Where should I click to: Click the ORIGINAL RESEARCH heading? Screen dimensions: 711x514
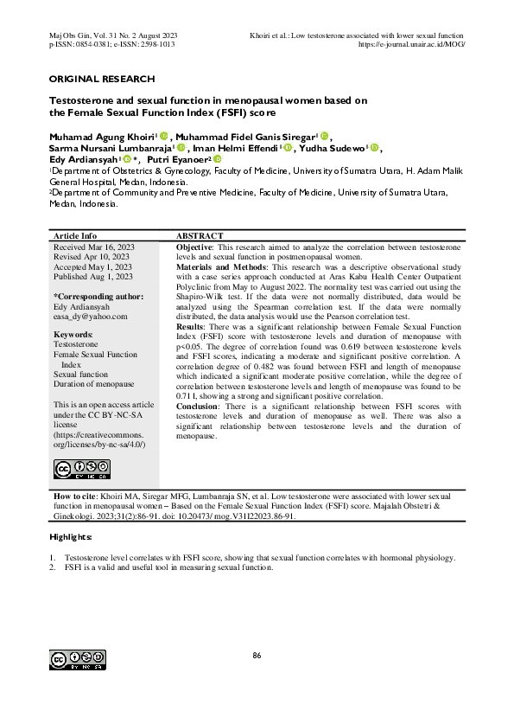(x=102, y=79)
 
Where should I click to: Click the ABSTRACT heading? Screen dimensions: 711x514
(x=200, y=236)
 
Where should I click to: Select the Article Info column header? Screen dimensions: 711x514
(x=75, y=236)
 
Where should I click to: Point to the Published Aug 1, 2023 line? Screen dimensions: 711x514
(x=93, y=277)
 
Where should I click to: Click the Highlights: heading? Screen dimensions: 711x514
(x=71, y=537)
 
